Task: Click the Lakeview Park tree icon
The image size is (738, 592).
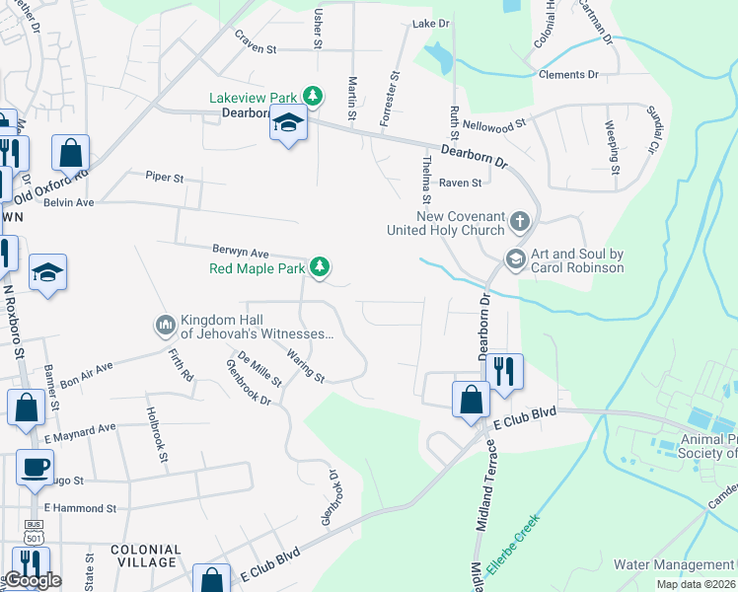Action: (313, 96)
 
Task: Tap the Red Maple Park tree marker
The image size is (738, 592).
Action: (319, 266)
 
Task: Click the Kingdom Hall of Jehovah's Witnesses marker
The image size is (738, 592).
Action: (165, 324)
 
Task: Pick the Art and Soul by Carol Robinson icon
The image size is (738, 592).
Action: (514, 259)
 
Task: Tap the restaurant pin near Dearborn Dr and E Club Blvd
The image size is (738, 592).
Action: (504, 373)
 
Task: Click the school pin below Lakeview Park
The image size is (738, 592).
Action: (288, 124)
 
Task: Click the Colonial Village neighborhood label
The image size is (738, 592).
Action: (146, 555)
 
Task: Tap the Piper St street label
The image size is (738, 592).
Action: (165, 178)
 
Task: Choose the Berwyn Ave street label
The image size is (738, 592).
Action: (240, 252)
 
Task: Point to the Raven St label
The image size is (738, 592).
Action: (460, 183)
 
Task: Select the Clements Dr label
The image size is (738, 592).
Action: (568, 75)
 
